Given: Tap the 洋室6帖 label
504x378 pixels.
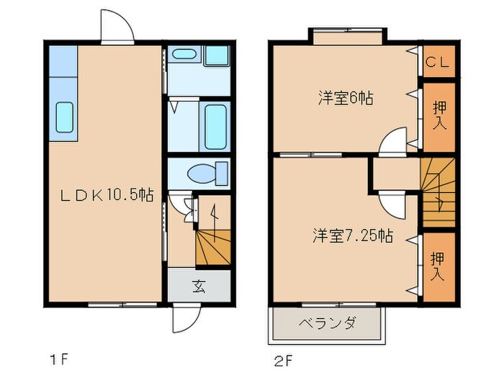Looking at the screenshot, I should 345,99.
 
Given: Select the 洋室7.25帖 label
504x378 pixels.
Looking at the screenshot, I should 352,235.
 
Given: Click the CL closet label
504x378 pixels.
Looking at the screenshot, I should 438,62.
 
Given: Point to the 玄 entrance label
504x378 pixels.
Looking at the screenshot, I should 199,286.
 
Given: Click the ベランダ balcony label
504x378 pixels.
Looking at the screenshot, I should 327,323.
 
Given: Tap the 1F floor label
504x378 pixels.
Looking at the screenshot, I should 59,358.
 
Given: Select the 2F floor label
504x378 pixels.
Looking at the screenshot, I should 284,358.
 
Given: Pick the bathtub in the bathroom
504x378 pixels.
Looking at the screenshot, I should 215,127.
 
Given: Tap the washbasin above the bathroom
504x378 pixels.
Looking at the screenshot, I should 185,55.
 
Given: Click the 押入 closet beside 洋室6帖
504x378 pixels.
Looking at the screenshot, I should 438,116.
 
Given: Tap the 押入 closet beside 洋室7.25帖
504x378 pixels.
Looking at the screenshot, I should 438,266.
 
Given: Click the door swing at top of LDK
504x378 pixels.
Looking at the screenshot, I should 117,29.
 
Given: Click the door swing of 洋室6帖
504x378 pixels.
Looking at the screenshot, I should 393,142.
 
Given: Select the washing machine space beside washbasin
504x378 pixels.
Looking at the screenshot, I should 217,55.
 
